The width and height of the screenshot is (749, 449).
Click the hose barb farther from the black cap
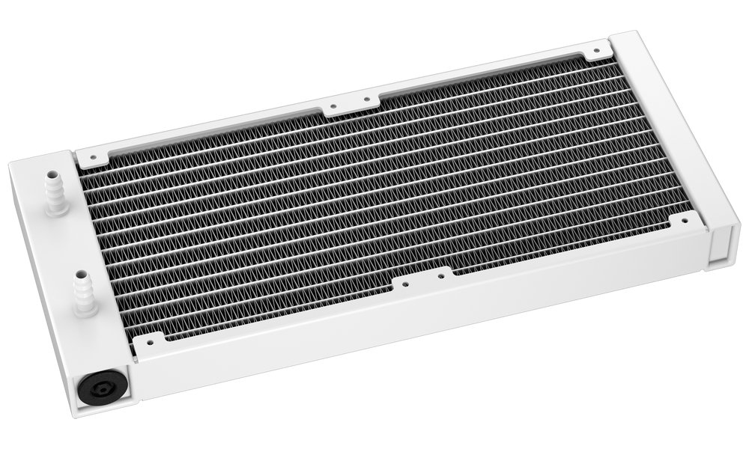54,192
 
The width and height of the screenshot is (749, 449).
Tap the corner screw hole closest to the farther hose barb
93,157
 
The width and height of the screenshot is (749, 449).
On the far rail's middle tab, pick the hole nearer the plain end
366,98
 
